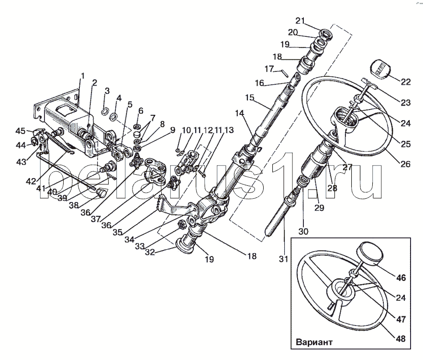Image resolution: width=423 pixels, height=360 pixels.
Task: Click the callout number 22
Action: (405, 82)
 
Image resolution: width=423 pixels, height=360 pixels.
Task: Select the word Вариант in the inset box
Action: (314, 342)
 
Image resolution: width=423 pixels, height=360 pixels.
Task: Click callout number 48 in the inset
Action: (401, 338)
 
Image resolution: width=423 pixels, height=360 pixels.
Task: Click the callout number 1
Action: (83, 76)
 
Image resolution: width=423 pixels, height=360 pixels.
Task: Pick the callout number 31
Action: (283, 259)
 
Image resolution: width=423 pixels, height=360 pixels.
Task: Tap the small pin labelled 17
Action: (285, 73)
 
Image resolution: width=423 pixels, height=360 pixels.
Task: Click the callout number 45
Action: (21, 131)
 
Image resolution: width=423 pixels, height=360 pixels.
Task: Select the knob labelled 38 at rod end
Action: (101, 192)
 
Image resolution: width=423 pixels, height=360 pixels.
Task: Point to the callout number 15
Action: (250, 98)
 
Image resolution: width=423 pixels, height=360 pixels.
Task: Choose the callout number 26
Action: (405, 164)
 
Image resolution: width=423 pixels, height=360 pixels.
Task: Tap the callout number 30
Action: (303, 232)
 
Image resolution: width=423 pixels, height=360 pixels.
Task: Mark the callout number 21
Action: (300, 21)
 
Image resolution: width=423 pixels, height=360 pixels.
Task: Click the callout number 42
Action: (31, 181)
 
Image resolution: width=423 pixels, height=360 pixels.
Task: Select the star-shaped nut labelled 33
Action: (182, 224)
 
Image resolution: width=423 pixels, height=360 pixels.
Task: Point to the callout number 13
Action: (229, 130)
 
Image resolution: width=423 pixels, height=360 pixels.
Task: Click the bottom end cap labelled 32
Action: (185, 245)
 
